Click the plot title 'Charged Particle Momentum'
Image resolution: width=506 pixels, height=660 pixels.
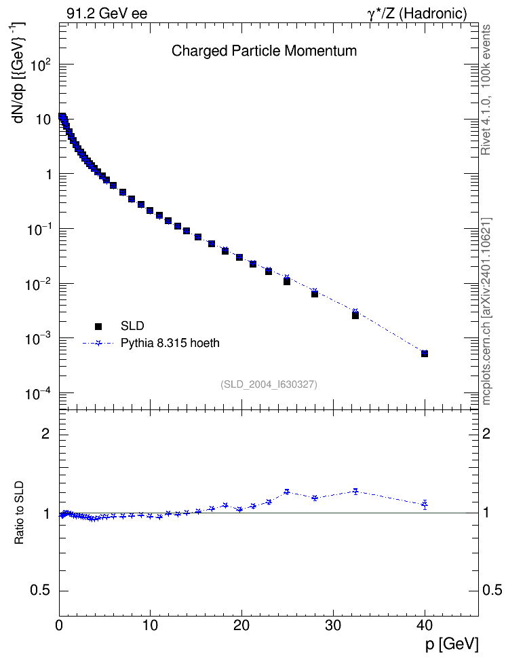pyautogui.click(x=264, y=51)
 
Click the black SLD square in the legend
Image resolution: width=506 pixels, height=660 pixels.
pyautogui.click(x=98, y=326)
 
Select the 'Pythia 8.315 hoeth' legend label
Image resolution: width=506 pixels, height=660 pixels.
pyautogui.click(x=170, y=343)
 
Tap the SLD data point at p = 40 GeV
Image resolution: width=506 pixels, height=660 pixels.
pyautogui.click(x=425, y=354)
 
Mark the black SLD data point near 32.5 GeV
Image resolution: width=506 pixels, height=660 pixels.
pyautogui.click(x=355, y=315)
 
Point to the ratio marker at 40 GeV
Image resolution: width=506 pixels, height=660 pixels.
pyautogui.click(x=425, y=504)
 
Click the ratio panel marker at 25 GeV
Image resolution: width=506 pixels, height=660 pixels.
pyautogui.click(x=287, y=491)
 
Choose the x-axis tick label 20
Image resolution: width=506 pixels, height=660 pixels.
pyautogui.click(x=241, y=625)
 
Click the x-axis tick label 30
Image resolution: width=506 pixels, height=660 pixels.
pyautogui.click(x=333, y=625)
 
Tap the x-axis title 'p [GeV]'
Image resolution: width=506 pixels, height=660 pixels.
pyautogui.click(x=451, y=644)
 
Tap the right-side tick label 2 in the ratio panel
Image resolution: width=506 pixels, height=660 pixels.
pyautogui.click(x=486, y=433)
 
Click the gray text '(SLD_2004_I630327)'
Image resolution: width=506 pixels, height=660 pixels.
pyautogui.click(x=269, y=384)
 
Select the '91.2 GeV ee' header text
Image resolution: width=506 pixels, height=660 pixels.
pyautogui.click(x=107, y=14)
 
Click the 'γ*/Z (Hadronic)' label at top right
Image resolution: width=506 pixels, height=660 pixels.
pyautogui.click(x=416, y=14)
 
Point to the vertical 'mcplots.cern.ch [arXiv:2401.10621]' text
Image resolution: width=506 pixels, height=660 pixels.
pyautogui.click(x=486, y=311)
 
